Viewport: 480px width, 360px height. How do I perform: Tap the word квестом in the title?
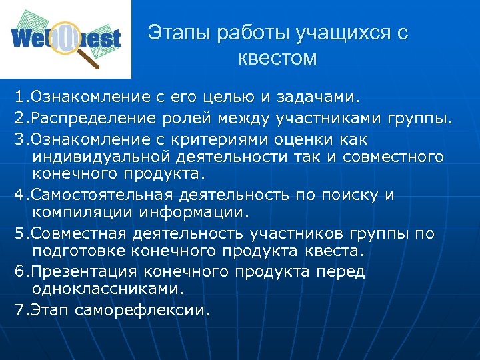point(277,59)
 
